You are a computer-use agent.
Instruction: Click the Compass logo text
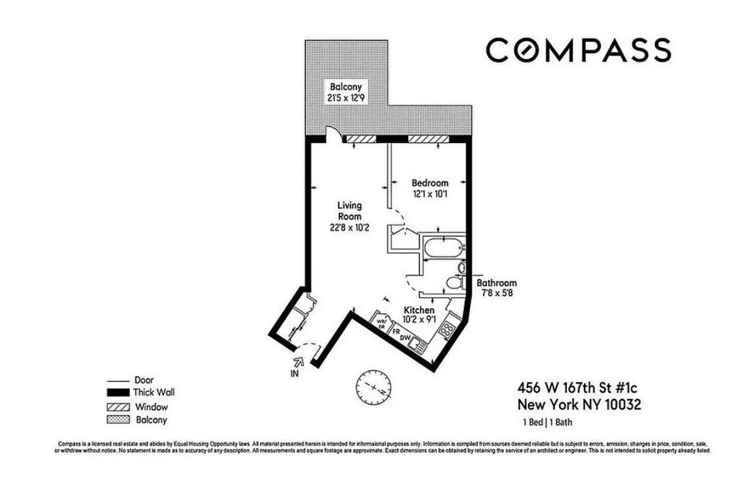pyautogui.click(x=578, y=50)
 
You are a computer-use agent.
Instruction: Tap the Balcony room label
pyautogui.click(x=347, y=87)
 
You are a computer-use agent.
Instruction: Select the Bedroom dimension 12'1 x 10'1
pyautogui.click(x=429, y=194)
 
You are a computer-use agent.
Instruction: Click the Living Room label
pyautogui.click(x=350, y=211)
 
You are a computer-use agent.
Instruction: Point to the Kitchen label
pyautogui.click(x=419, y=310)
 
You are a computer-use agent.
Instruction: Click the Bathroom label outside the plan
pyautogui.click(x=496, y=283)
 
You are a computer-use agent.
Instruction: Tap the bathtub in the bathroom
pyautogui.click(x=444, y=249)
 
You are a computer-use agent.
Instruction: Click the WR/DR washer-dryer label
pyautogui.click(x=381, y=324)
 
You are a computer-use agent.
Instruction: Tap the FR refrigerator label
pyautogui.click(x=395, y=333)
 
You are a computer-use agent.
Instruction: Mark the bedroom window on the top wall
pyautogui.click(x=428, y=139)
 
